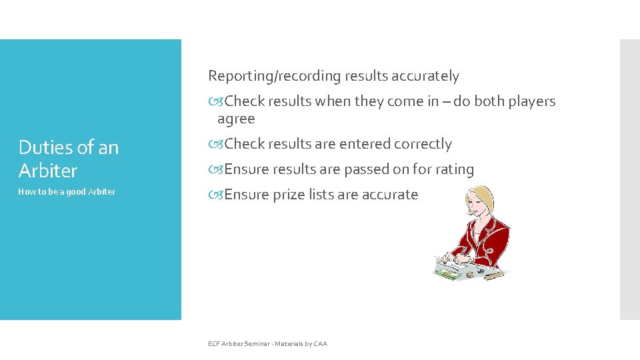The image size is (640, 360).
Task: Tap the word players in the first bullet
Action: point(531,101)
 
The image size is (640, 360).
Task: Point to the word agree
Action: point(236,119)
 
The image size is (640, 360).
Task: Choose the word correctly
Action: point(424,144)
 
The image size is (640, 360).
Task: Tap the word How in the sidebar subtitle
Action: point(27,192)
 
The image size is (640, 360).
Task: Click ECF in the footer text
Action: point(214,344)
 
